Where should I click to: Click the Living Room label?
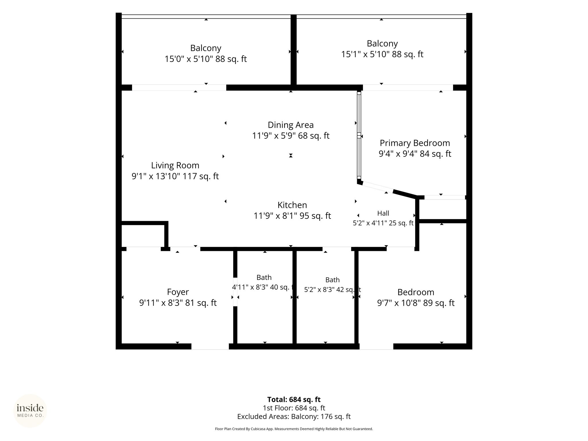point(175,165)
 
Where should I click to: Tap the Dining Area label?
point(291,125)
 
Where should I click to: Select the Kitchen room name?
point(292,205)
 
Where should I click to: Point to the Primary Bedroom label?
point(415,143)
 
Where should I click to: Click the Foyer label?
point(178,292)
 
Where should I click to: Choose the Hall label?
point(383,213)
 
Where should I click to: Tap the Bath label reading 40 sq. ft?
point(264,277)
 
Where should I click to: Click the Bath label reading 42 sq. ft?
point(332,280)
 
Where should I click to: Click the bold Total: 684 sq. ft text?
point(294,399)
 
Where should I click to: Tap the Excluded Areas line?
point(294,417)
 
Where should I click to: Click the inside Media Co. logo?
point(30,411)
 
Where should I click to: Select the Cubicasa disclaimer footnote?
point(294,429)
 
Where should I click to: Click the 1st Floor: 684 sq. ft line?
point(294,408)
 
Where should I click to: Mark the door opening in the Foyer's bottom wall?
point(210,347)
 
